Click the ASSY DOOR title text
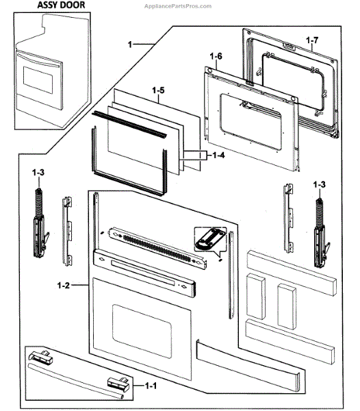[61, 5]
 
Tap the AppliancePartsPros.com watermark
[178, 6]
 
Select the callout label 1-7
[312, 40]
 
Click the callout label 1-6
[216, 56]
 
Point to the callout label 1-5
[158, 90]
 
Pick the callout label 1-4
[218, 155]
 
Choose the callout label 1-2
[64, 285]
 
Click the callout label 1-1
[151, 386]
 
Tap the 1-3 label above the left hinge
[38, 173]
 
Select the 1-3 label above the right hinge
[320, 184]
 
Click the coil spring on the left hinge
[39, 202]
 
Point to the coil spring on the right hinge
[319, 213]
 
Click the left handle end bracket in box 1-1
[41, 356]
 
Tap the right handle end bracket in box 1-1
[118, 384]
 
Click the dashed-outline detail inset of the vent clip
[210, 239]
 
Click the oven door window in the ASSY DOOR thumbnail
[38, 79]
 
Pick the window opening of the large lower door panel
[142, 331]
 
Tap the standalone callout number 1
[130, 45]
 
